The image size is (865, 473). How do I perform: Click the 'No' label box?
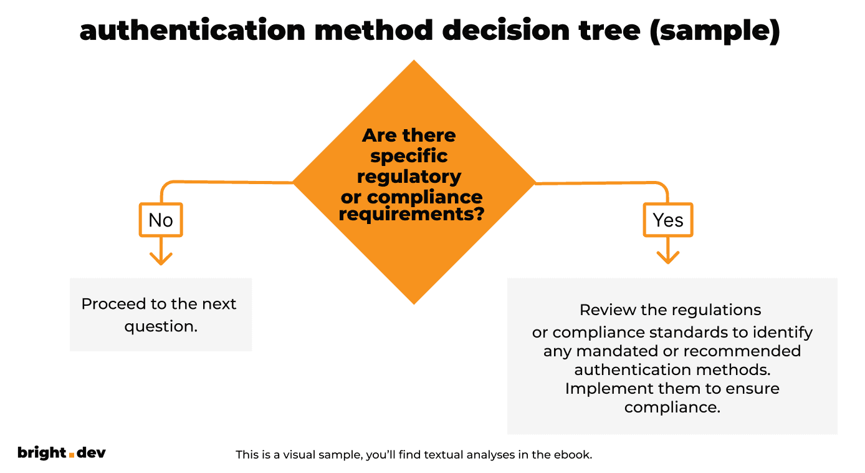161,220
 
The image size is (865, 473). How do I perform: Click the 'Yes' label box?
668,220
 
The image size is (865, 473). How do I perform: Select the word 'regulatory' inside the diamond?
409,177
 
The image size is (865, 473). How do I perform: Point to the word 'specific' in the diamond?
409,155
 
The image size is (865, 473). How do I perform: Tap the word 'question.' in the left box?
161,326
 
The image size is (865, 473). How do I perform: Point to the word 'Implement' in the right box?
609,388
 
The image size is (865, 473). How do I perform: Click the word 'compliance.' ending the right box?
672,407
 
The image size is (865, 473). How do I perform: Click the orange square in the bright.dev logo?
71,455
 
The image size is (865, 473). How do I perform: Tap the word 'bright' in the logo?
42,452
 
